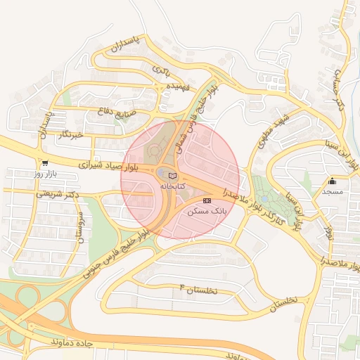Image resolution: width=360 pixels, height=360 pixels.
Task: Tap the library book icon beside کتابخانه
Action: (x=173, y=175)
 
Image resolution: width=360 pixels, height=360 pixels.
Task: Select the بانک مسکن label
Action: (x=205, y=211)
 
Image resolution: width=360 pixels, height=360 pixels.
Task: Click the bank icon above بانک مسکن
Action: (x=206, y=200)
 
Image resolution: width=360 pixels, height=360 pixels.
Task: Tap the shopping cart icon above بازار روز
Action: (x=45, y=162)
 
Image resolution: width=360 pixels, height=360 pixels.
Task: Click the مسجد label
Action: (x=333, y=191)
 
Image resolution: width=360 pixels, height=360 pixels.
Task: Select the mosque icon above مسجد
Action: (x=333, y=181)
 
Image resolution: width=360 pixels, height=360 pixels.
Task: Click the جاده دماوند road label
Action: (x=72, y=342)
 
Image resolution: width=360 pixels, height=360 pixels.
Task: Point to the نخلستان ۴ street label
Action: (x=199, y=289)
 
